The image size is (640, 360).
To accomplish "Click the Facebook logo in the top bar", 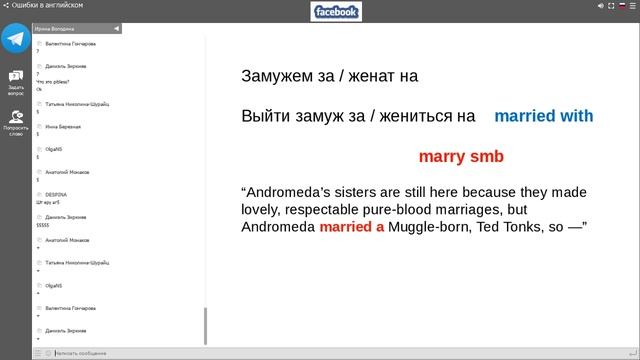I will (336, 12).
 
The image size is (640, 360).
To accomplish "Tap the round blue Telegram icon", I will (15, 38).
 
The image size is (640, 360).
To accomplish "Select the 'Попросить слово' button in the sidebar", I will (15, 122).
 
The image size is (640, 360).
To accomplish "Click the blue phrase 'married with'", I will (543, 116).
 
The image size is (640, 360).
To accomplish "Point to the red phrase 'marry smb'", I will (460, 157).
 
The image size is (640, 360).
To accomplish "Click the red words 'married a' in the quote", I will (352, 227).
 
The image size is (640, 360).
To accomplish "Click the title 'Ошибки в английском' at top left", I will (47, 5).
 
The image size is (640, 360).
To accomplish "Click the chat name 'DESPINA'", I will (56, 193).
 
